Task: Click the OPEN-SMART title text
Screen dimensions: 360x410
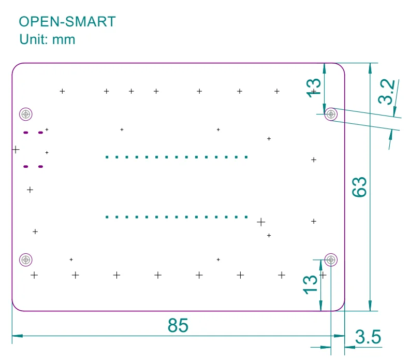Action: [x=67, y=22]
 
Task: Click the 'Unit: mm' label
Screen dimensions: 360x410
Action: [x=47, y=39]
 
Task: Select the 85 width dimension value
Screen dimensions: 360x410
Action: [x=178, y=325]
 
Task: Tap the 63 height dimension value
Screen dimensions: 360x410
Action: [x=359, y=186]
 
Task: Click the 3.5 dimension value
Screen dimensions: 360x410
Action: [x=368, y=338]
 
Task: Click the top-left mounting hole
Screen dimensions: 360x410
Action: [x=25, y=114]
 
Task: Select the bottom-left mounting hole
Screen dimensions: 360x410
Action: [x=25, y=260]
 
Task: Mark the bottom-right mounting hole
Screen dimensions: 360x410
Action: [x=331, y=260]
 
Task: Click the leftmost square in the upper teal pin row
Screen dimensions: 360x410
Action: [x=107, y=157]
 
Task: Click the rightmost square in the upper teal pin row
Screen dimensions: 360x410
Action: [x=246, y=157]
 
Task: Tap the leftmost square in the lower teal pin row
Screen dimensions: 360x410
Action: [x=107, y=217]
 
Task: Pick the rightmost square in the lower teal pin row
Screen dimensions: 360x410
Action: [x=246, y=217]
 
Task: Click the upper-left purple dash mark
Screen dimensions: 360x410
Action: [x=25, y=133]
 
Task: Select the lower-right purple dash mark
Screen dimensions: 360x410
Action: [x=40, y=167]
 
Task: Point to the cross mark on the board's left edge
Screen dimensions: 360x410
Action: [x=16, y=150]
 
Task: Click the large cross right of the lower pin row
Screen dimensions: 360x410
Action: [x=261, y=222]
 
